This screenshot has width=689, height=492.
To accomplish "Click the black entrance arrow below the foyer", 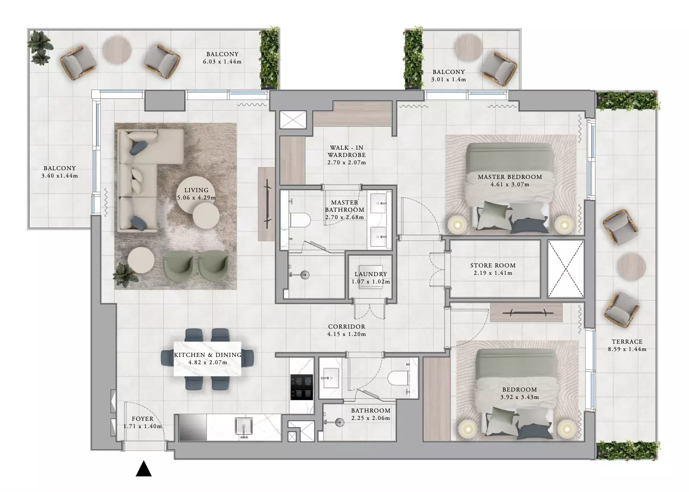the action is [144, 469].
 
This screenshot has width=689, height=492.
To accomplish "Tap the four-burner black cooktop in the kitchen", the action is [302, 387].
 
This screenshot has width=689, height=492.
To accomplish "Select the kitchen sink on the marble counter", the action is [244, 426].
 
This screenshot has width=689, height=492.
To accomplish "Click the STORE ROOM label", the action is [493, 265].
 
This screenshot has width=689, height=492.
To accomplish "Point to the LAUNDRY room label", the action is [371, 274].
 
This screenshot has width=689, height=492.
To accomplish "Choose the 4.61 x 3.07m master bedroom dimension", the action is [510, 185].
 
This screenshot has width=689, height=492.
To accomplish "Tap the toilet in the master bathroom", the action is [301, 220].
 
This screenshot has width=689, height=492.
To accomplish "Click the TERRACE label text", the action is [627, 341].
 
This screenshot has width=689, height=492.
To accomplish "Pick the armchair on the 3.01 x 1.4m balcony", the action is [499, 68].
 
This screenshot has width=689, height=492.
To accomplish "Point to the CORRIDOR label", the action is [347, 326].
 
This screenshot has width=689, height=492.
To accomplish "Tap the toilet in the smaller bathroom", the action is [398, 378].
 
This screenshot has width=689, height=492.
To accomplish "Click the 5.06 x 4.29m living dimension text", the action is [196, 198].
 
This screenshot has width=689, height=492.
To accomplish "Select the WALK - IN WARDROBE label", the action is [347, 151].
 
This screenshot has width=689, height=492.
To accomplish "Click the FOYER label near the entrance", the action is [142, 419].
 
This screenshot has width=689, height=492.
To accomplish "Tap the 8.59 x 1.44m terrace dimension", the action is [627, 349].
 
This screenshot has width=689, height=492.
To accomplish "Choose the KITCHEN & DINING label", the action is [208, 355].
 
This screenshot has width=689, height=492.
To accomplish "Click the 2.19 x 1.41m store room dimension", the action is [493, 273].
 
